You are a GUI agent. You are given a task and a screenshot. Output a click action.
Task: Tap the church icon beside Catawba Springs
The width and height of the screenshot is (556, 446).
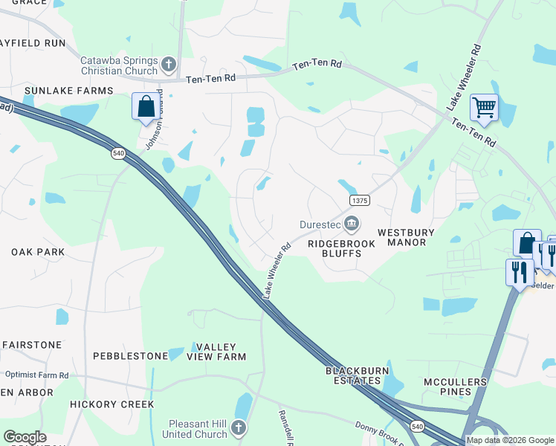click(169, 65)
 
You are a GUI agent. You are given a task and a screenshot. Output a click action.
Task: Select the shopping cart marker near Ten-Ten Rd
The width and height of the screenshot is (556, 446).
click(483, 109)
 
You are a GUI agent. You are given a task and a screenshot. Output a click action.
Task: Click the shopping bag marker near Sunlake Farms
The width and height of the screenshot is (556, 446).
click(146, 106)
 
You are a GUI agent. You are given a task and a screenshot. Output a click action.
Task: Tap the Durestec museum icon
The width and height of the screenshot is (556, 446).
click(352, 222)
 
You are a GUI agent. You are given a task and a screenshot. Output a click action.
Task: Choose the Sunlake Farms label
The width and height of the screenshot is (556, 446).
click(68, 91)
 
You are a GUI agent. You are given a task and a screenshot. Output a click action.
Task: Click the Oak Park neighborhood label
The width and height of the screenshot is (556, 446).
click(38, 252)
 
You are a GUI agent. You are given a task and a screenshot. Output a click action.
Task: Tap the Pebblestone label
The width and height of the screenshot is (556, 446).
click(130, 356)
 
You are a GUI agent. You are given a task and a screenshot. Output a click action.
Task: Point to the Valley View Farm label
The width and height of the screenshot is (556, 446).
click(216, 352)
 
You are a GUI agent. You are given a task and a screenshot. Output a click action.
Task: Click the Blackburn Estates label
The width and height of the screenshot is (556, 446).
click(353, 375)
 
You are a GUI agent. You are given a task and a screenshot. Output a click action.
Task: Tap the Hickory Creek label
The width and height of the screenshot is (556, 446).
click(111, 404)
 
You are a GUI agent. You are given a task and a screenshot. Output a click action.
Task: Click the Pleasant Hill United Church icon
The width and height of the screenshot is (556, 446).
click(238, 427)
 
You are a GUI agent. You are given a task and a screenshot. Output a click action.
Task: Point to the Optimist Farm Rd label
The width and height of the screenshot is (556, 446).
click(36, 375)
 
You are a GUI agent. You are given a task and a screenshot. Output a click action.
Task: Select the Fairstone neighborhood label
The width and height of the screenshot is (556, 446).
click(32, 345)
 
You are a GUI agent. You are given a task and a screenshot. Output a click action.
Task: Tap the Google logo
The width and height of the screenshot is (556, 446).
click(25, 437)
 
